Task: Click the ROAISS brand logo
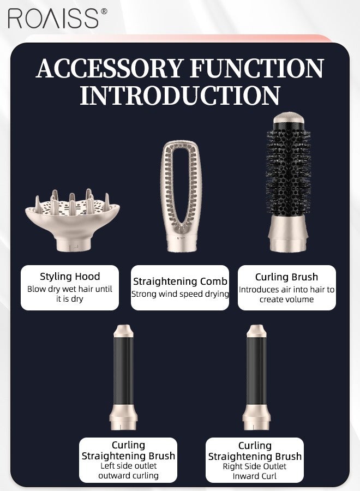pos(53,19)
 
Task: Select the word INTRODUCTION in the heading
pos(180,95)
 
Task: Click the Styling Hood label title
pos(70,277)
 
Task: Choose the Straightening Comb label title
pos(180,282)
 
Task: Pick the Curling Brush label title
pos(286,277)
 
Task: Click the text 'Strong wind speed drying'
pos(180,294)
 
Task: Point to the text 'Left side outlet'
pos(128,466)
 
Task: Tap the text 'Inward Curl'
pos(255,476)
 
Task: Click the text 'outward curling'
pos(128,475)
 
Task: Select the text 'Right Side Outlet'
pos(255,466)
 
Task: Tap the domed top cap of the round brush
pos(287,118)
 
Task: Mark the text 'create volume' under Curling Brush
pos(286,299)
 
